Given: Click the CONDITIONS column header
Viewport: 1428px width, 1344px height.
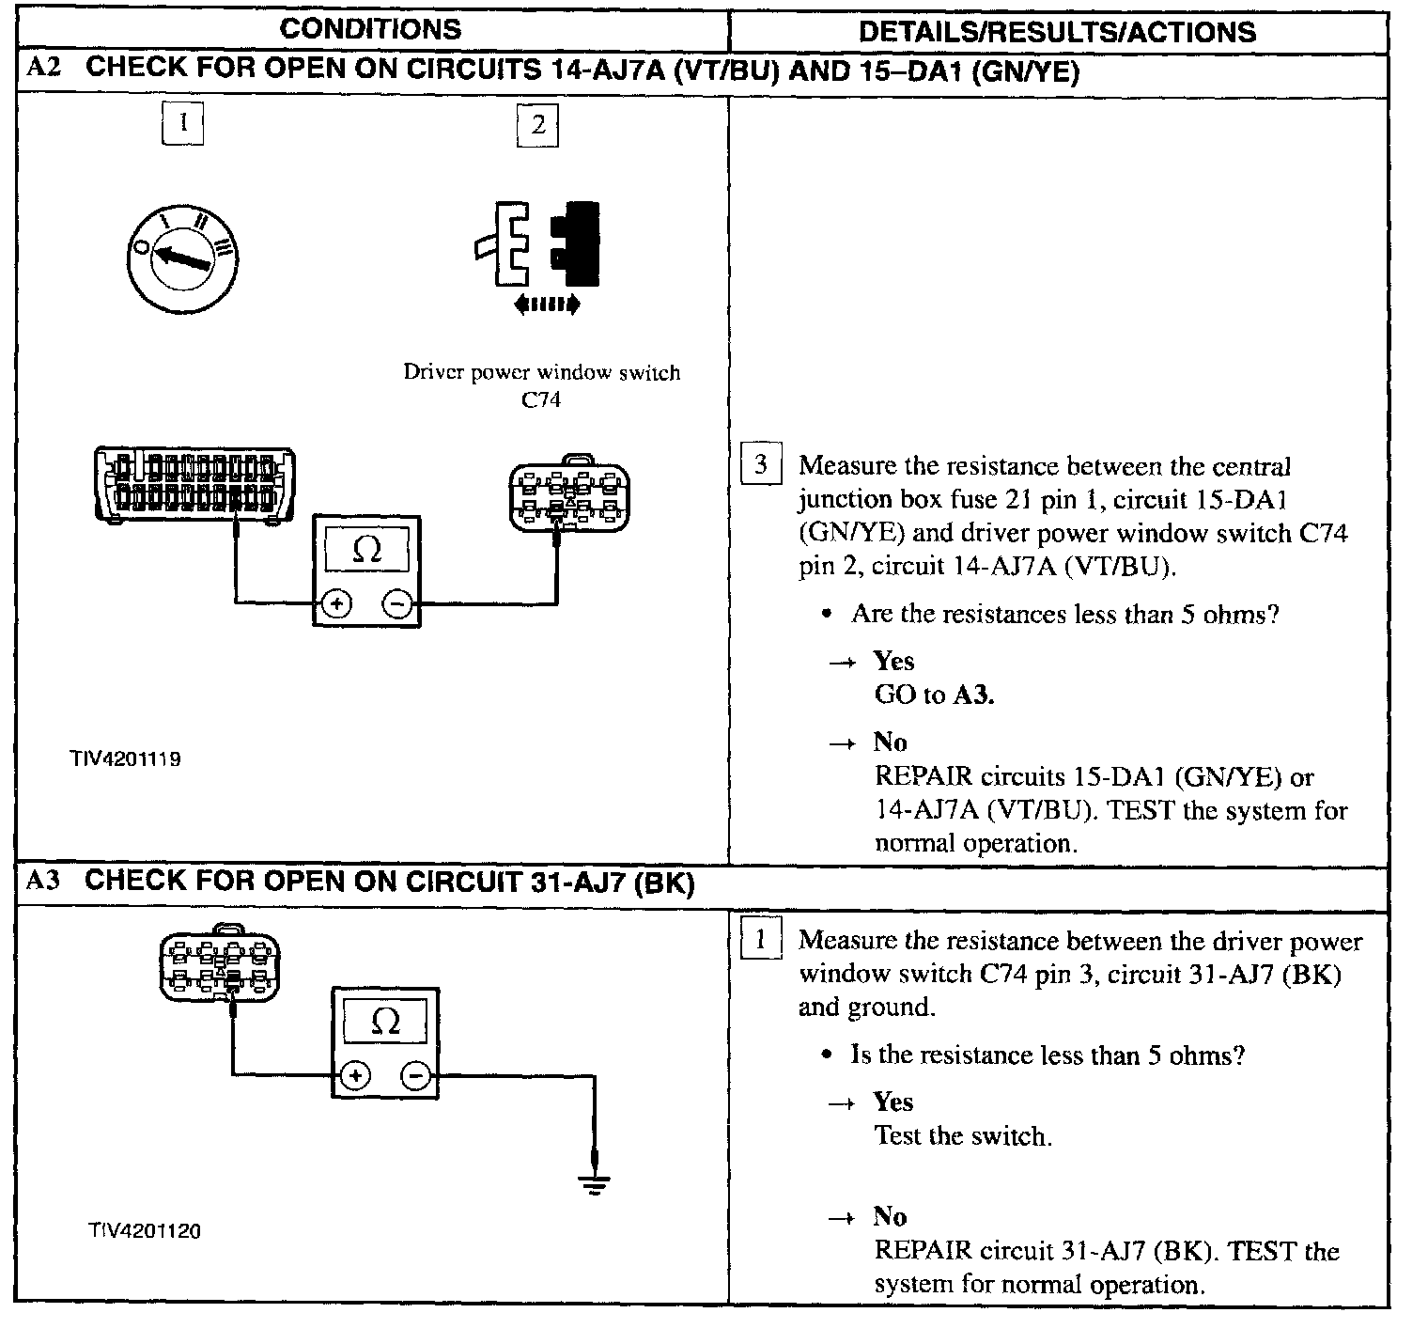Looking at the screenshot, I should click(371, 29).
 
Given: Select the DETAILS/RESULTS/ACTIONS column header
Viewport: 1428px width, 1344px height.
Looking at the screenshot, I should click(1057, 32).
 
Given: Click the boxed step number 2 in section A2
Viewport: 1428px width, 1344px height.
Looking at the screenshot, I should click(537, 125).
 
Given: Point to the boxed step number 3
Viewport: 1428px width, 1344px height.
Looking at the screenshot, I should click(760, 464).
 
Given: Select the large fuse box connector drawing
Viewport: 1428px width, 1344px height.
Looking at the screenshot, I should click(194, 483).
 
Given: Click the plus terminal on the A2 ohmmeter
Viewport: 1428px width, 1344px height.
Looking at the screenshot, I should click(337, 604).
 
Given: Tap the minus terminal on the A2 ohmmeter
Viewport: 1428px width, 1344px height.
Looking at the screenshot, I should click(398, 604).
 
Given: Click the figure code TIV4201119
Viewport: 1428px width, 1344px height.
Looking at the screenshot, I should click(124, 758).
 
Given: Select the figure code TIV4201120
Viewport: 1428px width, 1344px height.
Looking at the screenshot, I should click(145, 1230).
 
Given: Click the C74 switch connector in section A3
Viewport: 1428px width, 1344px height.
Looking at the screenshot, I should click(220, 967).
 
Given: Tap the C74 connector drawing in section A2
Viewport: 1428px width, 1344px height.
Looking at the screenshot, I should click(568, 494).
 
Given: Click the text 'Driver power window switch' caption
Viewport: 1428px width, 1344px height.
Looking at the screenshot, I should click(542, 372).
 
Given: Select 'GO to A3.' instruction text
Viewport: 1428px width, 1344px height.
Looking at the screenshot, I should click(934, 695).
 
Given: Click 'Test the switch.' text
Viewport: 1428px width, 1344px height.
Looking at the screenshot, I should click(963, 1136).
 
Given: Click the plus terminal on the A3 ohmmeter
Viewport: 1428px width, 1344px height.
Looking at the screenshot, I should click(355, 1074).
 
